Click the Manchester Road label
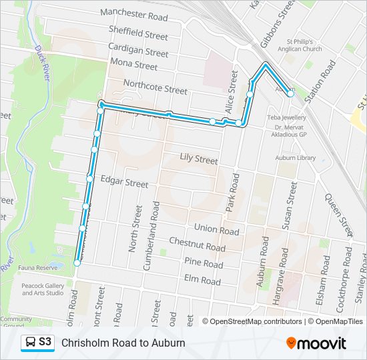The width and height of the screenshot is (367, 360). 134,13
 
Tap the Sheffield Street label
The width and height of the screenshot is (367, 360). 139,32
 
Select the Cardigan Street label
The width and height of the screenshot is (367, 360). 138,50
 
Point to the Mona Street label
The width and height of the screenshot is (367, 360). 134,65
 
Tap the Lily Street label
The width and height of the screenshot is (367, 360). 199,159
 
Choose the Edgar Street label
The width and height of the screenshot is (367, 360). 124,182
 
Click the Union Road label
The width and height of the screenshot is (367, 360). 216,231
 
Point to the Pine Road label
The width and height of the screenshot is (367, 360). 204,263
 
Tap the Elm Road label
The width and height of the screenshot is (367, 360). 202,281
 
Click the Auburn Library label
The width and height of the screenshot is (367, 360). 296,158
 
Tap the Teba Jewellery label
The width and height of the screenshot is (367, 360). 287,117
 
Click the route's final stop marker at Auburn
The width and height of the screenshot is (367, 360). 290,94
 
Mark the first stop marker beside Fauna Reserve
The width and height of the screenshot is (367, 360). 77,263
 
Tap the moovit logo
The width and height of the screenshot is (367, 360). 316,343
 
